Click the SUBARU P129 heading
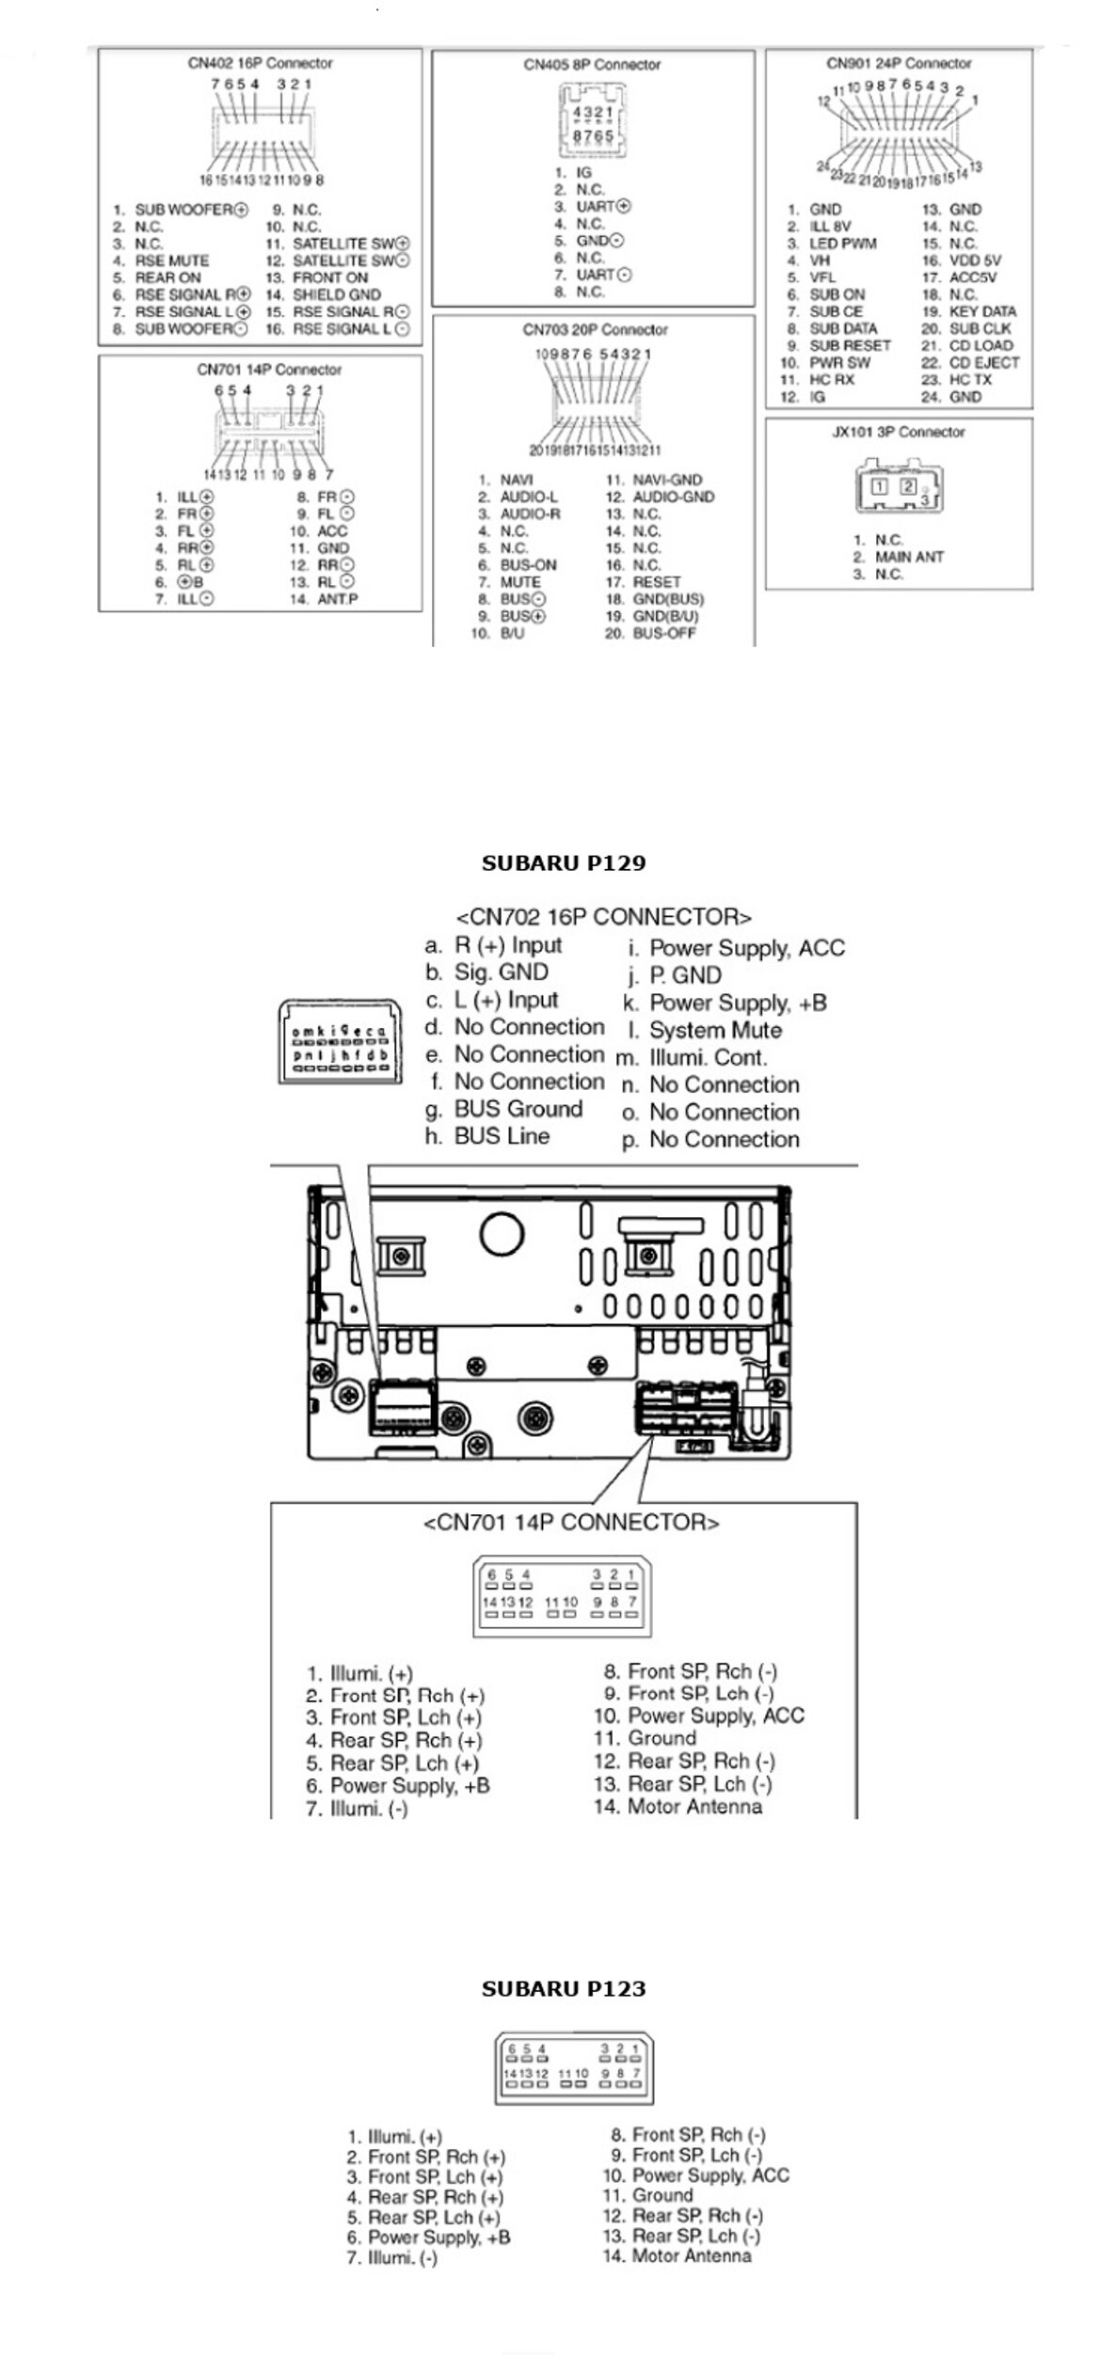coord(564,863)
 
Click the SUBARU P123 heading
coord(564,1988)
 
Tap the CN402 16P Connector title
coord(260,64)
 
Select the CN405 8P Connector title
coord(592,65)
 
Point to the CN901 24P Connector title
coord(899,64)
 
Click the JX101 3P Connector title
coord(899,433)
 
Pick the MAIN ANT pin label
coord(909,557)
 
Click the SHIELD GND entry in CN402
coord(336,294)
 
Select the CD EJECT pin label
coord(983,363)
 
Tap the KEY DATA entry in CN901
coord(982,311)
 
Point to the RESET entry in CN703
coord(656,582)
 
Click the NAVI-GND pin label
coord(666,480)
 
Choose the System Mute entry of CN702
coord(715,1031)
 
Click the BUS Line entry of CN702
coord(502,1136)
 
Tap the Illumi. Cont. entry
coord(708,1058)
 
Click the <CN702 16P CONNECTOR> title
coord(603,917)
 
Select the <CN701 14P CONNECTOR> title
coord(571,1523)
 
